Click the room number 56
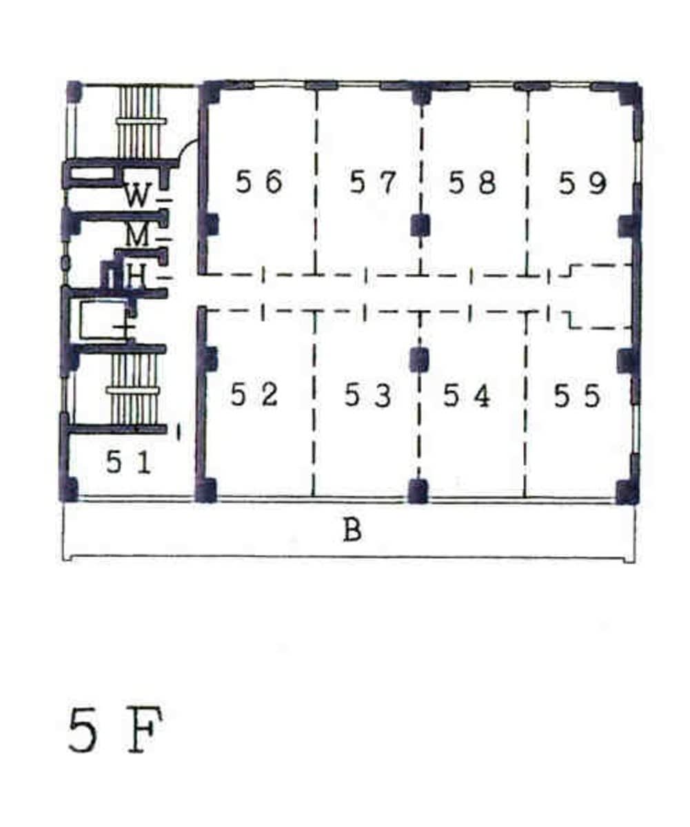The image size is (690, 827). click(259, 181)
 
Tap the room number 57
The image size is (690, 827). click(372, 181)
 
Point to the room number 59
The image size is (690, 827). click(582, 183)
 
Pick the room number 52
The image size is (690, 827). click(254, 395)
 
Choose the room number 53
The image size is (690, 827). click(367, 395)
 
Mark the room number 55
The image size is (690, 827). click(577, 396)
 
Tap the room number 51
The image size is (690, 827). click(129, 463)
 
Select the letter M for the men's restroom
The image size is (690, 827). click(137, 235)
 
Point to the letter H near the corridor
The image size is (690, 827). click(136, 276)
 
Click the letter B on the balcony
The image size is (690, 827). click(352, 530)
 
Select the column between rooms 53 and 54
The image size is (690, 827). click(420, 359)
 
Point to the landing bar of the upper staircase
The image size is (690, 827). click(141, 121)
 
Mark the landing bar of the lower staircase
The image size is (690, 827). click(133, 390)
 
